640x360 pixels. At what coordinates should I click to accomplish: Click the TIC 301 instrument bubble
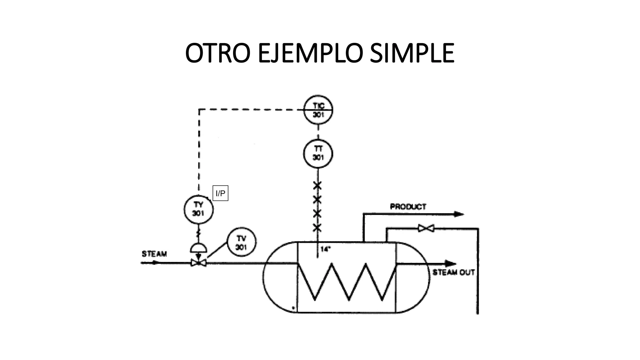318,110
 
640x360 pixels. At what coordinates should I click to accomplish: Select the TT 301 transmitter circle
318,154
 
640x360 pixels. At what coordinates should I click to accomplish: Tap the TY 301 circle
198,209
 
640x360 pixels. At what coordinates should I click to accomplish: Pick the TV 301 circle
241,242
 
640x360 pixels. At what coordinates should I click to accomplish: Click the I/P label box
220,193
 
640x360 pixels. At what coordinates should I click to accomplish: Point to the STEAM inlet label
154,254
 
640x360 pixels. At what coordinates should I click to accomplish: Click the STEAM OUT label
453,272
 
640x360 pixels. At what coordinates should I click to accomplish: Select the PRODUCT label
408,207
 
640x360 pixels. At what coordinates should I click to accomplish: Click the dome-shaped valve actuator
198,248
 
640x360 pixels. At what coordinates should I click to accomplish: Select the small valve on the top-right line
426,228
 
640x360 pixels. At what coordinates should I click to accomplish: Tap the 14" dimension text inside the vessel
325,249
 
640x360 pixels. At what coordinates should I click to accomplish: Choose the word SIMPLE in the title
412,53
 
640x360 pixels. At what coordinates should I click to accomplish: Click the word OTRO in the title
218,53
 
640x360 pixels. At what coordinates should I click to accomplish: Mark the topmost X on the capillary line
317,186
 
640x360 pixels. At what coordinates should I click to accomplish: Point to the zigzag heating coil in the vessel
347,281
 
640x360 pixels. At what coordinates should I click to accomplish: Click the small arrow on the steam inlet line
155,263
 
